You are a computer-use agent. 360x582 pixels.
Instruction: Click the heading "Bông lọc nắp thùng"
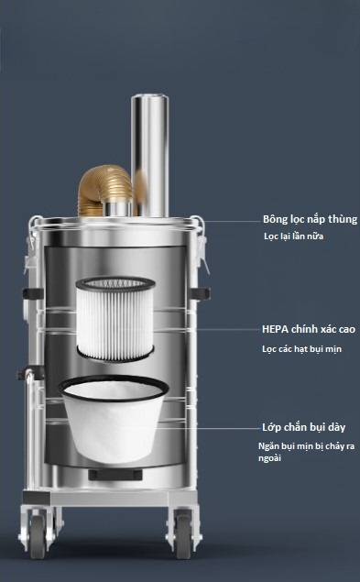[x=310, y=219]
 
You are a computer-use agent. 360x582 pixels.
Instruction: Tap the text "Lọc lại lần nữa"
[x=293, y=236]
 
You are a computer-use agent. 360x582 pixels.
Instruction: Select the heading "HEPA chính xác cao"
[x=309, y=329]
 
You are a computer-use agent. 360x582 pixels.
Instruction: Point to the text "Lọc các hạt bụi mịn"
[x=301, y=349]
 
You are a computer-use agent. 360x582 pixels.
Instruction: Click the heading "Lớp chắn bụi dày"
[x=303, y=427]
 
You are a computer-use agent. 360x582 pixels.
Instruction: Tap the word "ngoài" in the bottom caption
[x=270, y=458]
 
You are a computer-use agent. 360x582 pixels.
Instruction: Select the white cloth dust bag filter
[x=114, y=418]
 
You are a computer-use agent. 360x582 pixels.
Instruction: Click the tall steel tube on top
[x=150, y=156]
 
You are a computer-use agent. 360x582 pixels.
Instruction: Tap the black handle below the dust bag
[x=115, y=475]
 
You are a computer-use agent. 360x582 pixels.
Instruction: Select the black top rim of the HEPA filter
[x=115, y=283]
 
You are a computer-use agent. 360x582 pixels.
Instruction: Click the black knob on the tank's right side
[x=199, y=293]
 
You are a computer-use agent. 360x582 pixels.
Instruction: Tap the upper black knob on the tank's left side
[x=33, y=293]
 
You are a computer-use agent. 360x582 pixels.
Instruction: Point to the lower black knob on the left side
[x=30, y=373]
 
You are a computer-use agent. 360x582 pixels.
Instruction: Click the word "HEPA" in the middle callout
[x=275, y=329]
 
